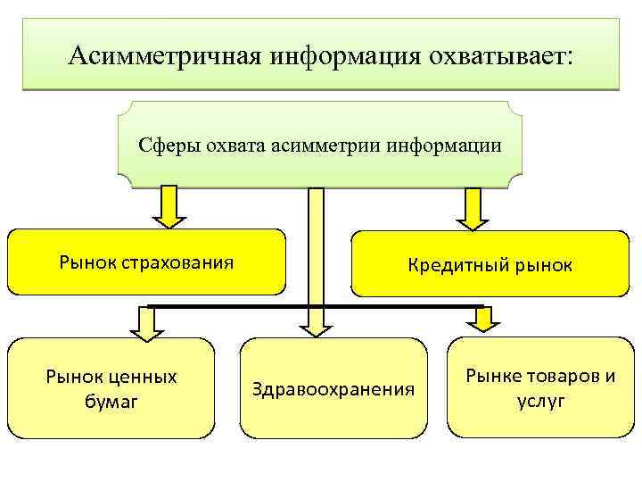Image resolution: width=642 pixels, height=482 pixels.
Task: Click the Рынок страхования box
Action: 147,262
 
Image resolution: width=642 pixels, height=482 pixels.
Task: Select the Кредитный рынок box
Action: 490,264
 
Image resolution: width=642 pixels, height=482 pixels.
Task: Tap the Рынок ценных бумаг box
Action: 111,388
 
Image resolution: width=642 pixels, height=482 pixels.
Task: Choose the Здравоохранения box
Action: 333,388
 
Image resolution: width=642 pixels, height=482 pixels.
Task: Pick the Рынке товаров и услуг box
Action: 540,388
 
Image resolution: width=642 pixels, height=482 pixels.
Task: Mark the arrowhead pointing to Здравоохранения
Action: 316,327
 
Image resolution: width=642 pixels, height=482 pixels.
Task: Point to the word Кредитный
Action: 454,265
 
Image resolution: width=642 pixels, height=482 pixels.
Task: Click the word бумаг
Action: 111,403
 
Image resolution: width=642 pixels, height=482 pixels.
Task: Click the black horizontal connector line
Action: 232,307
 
